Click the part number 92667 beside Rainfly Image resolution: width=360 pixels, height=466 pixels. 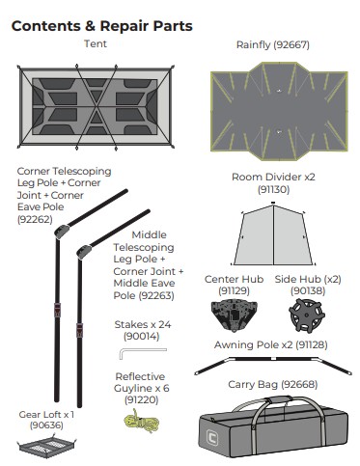[x=302, y=45]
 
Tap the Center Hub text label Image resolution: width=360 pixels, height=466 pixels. [x=230, y=280]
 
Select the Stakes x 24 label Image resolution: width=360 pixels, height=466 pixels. [x=142, y=325]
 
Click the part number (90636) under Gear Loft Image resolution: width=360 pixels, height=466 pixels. [x=46, y=425]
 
